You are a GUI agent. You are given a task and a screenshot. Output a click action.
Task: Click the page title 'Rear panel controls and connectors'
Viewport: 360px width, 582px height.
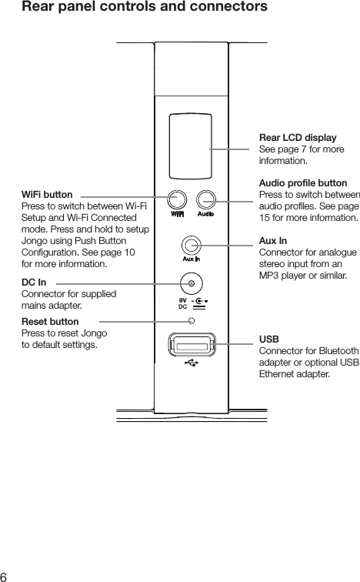tap(145, 8)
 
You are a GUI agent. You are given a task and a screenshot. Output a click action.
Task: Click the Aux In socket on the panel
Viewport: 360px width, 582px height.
tap(192, 246)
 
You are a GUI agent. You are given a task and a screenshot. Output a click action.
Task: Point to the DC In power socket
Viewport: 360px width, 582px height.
tap(191, 284)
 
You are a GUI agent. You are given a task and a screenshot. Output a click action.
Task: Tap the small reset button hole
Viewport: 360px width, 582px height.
tap(192, 321)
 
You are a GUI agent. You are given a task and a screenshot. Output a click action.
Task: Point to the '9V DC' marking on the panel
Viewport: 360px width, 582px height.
tap(183, 303)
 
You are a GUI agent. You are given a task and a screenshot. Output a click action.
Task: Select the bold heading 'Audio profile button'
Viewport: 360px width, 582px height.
tap(303, 184)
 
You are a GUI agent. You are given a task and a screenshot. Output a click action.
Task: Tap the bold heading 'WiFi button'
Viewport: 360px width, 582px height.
tap(48, 196)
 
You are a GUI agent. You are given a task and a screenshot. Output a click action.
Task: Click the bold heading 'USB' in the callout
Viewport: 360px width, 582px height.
tap(269, 339)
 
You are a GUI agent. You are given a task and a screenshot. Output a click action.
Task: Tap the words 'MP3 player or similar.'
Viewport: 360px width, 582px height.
tap(304, 275)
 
